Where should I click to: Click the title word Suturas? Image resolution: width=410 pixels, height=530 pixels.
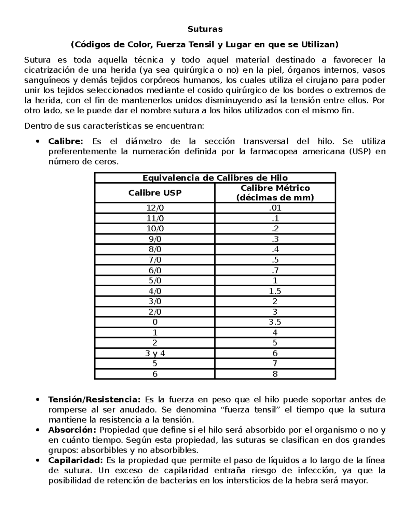[205, 29]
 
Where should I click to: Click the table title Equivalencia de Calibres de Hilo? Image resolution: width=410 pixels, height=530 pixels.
[215, 178]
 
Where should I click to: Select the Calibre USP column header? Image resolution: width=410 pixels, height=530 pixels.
[155, 193]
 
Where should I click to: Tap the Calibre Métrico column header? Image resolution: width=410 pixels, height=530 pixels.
[275, 193]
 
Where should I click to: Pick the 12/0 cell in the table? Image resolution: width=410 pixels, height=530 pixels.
[155, 208]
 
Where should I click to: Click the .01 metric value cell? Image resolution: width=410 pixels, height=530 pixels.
[275, 208]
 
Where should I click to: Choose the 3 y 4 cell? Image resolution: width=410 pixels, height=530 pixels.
[155, 353]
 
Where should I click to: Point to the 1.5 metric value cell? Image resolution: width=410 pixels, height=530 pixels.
[275, 291]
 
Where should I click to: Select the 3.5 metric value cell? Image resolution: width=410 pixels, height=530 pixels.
[275, 322]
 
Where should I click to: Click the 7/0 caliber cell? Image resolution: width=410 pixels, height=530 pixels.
[155, 260]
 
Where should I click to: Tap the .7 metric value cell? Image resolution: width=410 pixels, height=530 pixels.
[275, 270]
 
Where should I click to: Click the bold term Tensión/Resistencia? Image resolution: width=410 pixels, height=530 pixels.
[94, 399]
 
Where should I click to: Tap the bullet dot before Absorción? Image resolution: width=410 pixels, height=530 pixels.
[38, 430]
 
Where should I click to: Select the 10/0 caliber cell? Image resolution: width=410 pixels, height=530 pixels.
[155, 229]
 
